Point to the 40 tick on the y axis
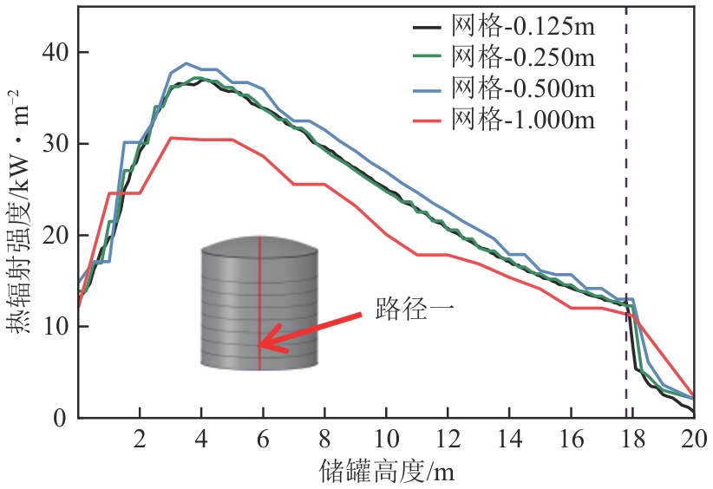[x=56, y=52]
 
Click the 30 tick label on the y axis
[x=56, y=144]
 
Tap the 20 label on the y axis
[x=56, y=235]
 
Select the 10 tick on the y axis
[x=56, y=327]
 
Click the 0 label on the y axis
[x=62, y=418]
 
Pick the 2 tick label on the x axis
[x=140, y=438]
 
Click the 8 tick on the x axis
[x=324, y=438]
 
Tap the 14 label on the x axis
[x=509, y=438]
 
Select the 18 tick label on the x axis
[x=632, y=438]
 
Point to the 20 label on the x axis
[x=694, y=438]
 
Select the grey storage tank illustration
[x=258, y=303]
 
